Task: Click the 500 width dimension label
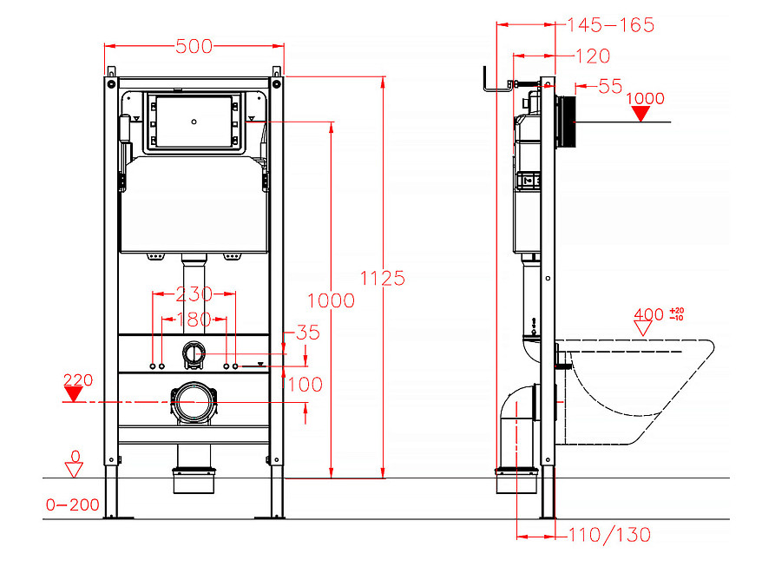[x=194, y=47]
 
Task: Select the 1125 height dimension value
[x=383, y=278]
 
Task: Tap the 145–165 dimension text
[x=611, y=25]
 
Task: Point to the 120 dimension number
[x=593, y=56]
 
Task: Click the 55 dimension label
[x=610, y=87]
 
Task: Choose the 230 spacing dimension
[x=194, y=293]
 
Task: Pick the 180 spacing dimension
[x=194, y=320]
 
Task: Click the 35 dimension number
[x=308, y=333]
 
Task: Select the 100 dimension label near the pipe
[x=305, y=385]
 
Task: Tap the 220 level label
[x=78, y=379]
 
